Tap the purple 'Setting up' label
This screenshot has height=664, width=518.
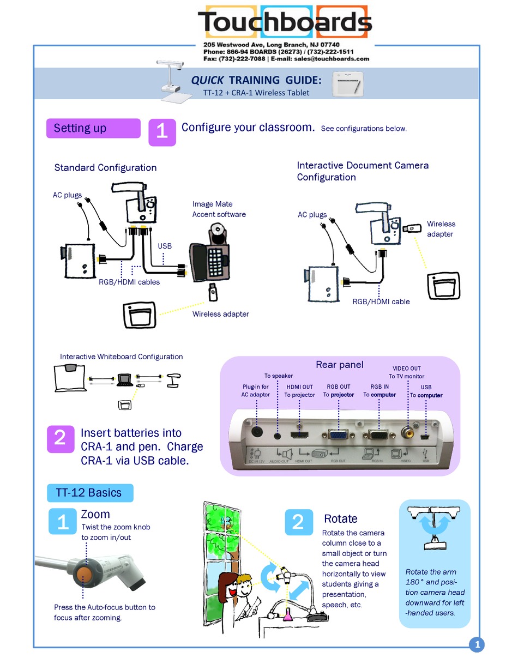pos(93,129)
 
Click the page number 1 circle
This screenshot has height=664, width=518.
pos(477,645)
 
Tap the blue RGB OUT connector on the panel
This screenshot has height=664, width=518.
pos(339,435)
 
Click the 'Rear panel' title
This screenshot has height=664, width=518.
pos(339,365)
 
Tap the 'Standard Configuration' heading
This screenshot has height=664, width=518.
pos(105,168)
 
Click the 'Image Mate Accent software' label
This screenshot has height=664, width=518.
pos(219,209)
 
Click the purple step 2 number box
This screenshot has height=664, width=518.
pos(60,438)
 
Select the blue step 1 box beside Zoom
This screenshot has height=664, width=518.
pos(63,522)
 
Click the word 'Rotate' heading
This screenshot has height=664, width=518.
pos(340,519)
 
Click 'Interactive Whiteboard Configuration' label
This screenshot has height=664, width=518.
pos(121,357)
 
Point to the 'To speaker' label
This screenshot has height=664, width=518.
pos(279,376)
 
